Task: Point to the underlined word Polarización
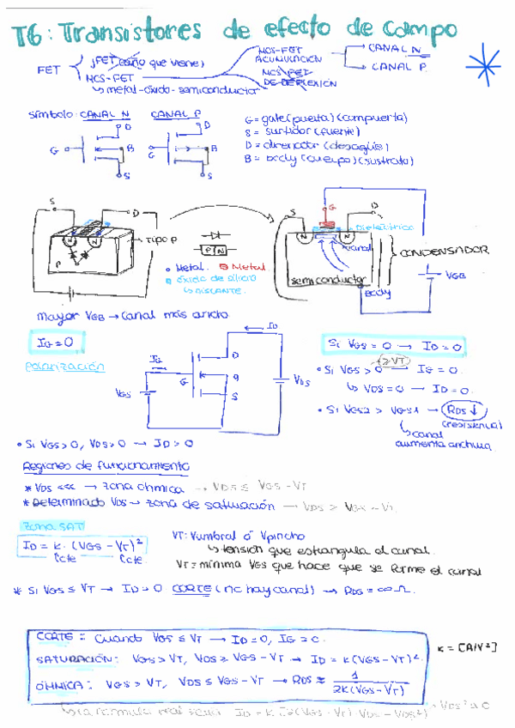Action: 65,367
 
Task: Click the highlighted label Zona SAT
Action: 46,525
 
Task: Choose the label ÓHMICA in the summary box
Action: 61,685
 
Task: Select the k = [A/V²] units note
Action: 467,646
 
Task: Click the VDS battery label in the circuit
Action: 301,379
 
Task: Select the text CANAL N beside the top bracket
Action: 393,49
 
